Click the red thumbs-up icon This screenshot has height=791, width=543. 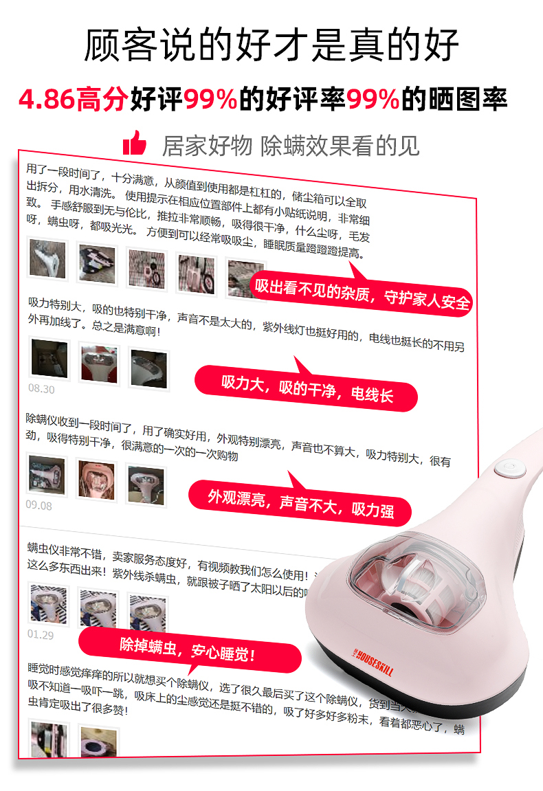point(135,143)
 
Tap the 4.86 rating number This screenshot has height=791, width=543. point(46,100)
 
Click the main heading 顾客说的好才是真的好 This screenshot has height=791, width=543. point(271,45)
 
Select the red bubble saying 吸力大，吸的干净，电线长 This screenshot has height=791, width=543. point(307,388)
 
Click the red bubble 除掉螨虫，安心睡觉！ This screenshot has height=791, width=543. point(189,649)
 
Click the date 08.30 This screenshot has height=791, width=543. point(41,389)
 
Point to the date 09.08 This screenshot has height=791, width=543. point(39,506)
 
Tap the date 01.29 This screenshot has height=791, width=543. point(41,635)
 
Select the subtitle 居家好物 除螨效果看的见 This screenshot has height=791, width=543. point(290,145)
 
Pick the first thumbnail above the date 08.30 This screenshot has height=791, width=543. point(49,359)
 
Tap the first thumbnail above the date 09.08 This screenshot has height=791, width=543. point(47,475)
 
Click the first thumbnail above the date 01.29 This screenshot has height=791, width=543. point(48,605)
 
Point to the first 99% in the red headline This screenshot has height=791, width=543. point(210,100)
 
